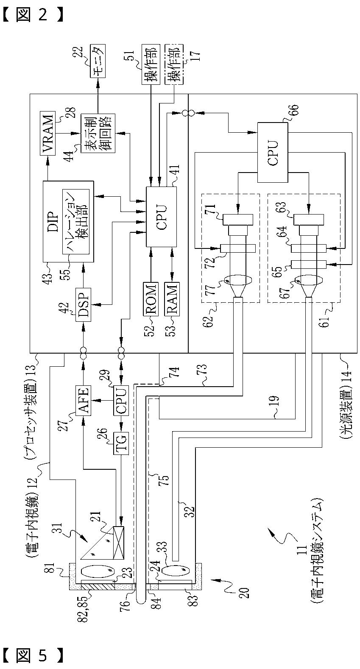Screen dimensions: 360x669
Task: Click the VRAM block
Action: tap(47, 133)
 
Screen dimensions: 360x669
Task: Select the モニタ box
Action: tap(98, 61)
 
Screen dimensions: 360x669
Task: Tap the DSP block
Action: tap(82, 305)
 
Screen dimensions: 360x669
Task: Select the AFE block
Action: tap(82, 400)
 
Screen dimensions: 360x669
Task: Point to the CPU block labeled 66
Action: tap(273, 152)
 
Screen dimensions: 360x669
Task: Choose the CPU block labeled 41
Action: tap(161, 217)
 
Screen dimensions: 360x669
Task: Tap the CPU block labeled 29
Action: tap(121, 400)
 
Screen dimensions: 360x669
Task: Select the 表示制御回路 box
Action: tap(98, 133)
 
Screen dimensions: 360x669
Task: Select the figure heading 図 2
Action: tap(32, 15)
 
